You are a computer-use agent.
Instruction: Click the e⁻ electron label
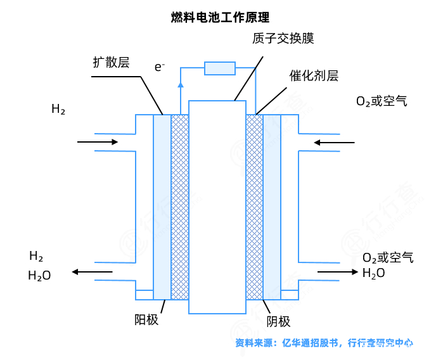160,66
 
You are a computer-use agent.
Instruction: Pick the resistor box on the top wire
219,68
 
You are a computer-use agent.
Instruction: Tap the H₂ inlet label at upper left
58,109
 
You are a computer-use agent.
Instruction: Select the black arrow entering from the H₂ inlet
98,142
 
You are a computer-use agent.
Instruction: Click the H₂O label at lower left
39,276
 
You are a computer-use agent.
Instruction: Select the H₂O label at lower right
373,273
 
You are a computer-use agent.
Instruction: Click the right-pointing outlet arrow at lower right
336,272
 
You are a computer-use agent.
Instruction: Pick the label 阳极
146,319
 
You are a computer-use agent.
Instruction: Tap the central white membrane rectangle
217,206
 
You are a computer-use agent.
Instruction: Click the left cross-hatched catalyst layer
180,206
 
